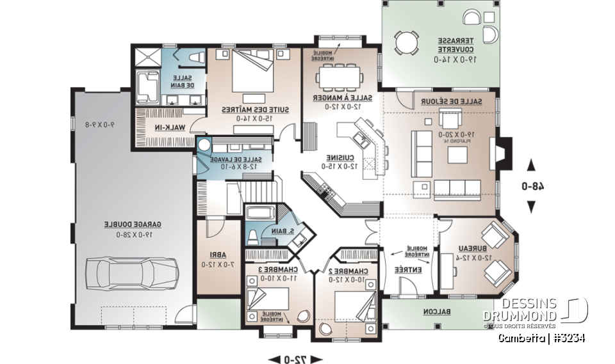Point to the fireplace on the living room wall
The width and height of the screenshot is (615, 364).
pos(503,155)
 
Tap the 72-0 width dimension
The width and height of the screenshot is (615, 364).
pos(295,358)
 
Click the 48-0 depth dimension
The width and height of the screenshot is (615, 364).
pos(531,186)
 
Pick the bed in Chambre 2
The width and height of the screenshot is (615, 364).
pos(352,304)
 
